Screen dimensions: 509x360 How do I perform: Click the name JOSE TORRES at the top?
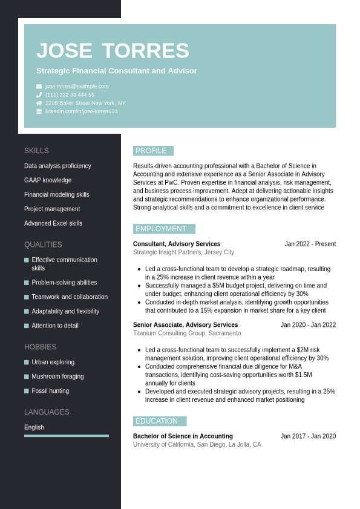coord(113,51)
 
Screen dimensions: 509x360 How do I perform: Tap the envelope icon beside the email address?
coord(39,87)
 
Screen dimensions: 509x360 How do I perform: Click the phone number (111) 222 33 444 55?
coord(70,95)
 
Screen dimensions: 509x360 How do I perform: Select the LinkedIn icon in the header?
coord(39,111)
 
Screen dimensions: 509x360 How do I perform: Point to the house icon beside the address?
coord(39,103)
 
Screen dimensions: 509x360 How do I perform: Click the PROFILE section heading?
coord(153,151)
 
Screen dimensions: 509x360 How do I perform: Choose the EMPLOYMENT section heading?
coord(164,229)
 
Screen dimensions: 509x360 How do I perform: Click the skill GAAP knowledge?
coord(48,180)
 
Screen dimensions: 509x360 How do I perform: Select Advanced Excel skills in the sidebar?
coord(53,223)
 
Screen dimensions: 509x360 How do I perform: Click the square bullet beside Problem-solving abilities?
coord(27,283)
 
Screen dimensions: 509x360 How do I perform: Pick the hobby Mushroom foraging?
coord(57,376)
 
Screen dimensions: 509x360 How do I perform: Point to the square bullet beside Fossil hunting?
coord(27,391)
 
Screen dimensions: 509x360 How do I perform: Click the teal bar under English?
coord(67,436)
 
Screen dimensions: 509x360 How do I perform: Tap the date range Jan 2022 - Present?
coord(310,244)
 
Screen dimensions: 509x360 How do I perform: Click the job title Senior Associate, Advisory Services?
coord(185,325)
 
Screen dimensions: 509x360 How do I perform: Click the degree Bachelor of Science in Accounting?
coord(183,436)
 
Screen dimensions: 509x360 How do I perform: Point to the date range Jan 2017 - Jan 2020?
coord(308,436)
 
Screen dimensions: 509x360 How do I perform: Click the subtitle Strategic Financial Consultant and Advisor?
coord(117,71)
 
